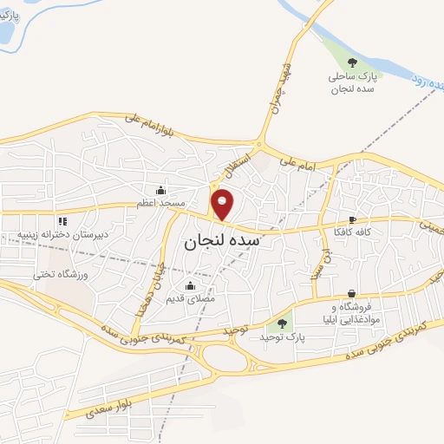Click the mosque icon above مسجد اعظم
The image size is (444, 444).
[160, 191]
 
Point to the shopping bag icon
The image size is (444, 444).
[351, 293]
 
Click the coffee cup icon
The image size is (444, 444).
[351, 220]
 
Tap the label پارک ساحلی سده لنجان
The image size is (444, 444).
[352, 83]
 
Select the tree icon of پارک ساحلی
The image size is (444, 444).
[352, 62]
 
